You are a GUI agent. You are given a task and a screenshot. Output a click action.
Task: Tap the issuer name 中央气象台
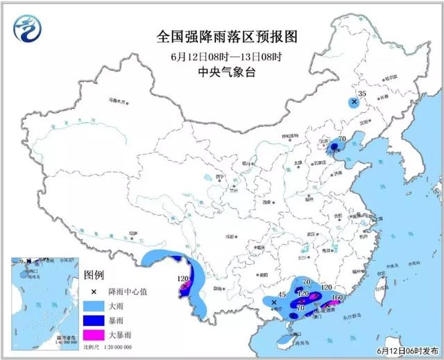click(x=212, y=71)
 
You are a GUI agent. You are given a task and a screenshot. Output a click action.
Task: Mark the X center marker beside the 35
click(x=354, y=102)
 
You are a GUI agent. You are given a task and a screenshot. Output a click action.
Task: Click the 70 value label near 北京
click(x=342, y=139)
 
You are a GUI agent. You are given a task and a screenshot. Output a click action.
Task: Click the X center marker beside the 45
click(x=274, y=303)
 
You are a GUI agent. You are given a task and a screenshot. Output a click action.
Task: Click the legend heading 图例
click(x=94, y=277)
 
